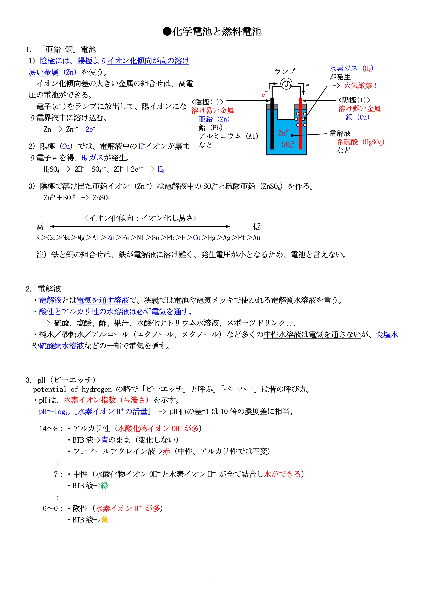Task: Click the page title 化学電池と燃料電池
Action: [x=212, y=32]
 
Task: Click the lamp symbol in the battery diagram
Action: [x=286, y=84]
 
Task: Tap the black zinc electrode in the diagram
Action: [x=272, y=123]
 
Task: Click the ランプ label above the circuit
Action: [x=285, y=71]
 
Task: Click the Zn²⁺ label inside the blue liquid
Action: [x=284, y=133]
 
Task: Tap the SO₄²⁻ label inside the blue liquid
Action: [x=288, y=144]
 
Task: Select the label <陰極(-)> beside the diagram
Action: [x=208, y=102]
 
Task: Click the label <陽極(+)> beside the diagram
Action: [x=354, y=100]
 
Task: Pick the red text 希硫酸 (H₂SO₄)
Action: [x=360, y=142]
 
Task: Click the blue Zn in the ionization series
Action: [x=111, y=238]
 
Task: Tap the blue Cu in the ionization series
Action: [x=197, y=238]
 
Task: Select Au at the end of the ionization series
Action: [x=257, y=238]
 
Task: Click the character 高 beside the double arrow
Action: [x=40, y=226]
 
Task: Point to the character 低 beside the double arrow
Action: [x=257, y=226]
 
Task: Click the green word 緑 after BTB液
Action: [x=105, y=486]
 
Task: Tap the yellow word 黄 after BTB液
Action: [x=105, y=520]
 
